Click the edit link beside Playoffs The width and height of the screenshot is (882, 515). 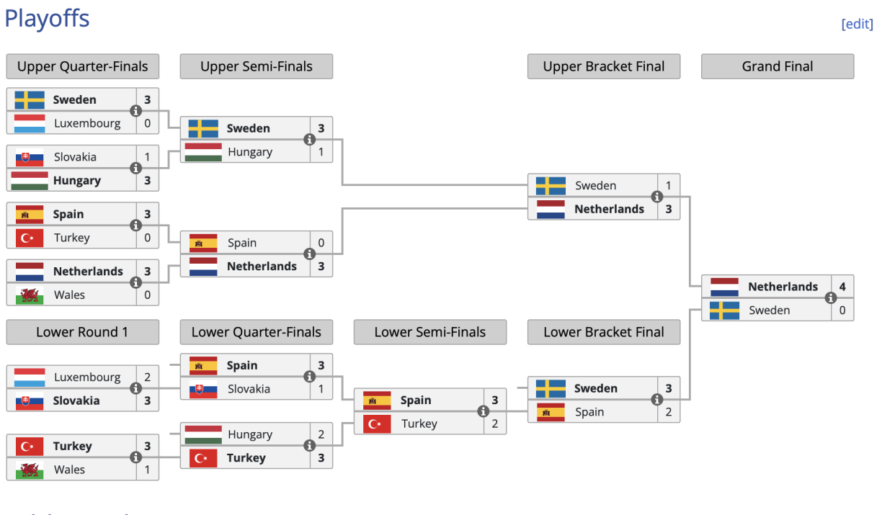point(857,24)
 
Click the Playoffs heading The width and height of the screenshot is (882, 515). point(47,18)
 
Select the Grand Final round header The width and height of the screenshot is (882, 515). point(777,66)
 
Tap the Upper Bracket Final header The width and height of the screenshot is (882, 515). point(603,66)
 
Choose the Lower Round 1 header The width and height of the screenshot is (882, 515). point(82,332)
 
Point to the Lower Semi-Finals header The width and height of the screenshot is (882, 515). point(429,332)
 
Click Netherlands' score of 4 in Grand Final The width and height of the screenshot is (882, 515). point(842,287)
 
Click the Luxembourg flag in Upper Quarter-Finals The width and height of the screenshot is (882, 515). point(30,123)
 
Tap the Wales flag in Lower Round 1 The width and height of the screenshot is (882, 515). point(30,470)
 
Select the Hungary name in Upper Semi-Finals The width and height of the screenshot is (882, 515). point(250,152)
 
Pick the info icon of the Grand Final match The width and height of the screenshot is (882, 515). point(831,298)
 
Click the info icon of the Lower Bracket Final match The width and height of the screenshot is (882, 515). point(657,400)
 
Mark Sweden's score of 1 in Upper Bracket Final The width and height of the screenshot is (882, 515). point(668,186)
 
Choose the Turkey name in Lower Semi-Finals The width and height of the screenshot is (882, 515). point(419,424)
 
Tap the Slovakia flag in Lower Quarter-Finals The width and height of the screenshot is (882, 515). point(203,389)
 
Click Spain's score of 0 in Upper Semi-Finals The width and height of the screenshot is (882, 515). point(321,243)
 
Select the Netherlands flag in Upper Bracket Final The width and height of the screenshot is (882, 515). point(551,209)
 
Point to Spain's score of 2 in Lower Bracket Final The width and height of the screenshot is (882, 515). point(668,412)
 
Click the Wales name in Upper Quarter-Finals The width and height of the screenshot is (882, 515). point(69,295)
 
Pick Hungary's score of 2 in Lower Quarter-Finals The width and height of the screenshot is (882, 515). point(321,434)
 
